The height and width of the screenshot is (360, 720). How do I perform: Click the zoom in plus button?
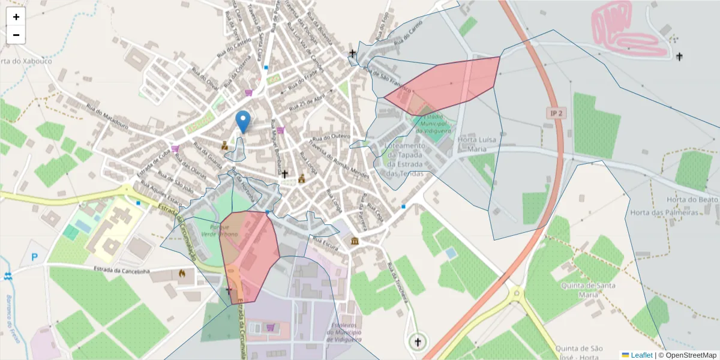pyautogui.click(x=16, y=17)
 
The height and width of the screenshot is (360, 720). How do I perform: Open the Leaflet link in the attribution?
pyautogui.click(x=641, y=355)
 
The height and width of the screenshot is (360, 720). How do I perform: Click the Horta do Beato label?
pyautogui.click(x=692, y=199)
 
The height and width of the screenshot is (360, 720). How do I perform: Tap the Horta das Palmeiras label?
pyautogui.click(x=665, y=213)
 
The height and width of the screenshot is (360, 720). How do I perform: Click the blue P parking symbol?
pyautogui.click(x=34, y=257)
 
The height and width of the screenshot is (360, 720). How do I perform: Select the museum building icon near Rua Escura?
pyautogui.click(x=356, y=241)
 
